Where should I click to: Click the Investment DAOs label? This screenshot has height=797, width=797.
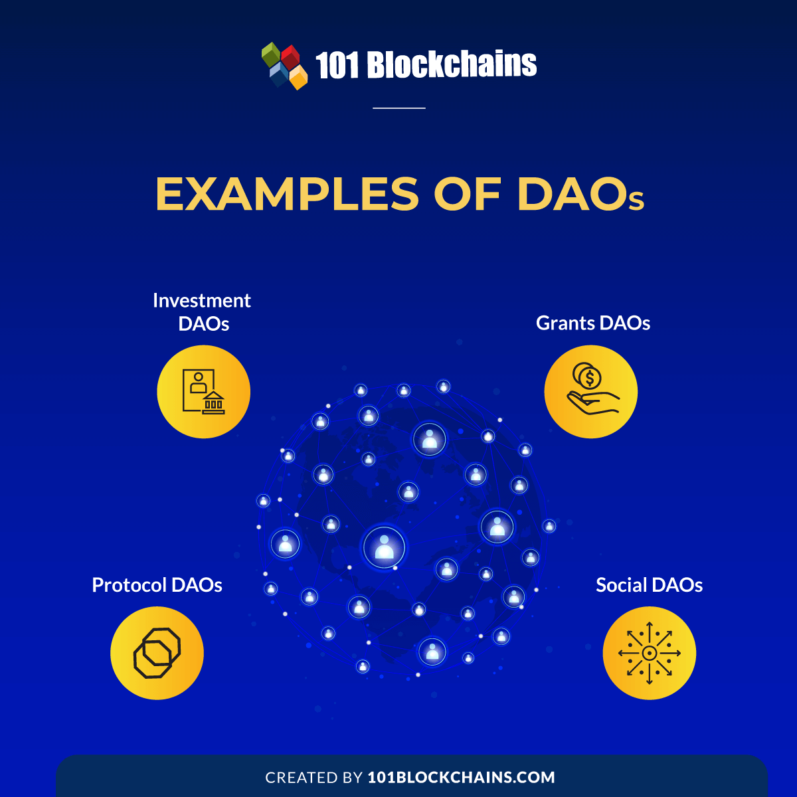pos(202,312)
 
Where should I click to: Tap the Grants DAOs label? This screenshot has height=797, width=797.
pos(592,323)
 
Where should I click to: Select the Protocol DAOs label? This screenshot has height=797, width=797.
pos(157,585)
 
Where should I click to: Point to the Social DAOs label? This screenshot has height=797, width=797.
pos(649,585)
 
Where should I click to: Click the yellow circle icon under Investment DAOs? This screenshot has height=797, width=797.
pos(203,392)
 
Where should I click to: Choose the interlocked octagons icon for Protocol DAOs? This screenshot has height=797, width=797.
pos(157,653)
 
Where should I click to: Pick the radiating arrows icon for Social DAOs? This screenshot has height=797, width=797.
pos(650,653)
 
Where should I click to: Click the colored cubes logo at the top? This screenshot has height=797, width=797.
pos(284,66)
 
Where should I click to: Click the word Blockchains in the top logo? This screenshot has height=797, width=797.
pos(452,64)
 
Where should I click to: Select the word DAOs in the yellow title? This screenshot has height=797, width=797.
pos(580,194)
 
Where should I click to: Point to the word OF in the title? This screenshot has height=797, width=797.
pos(468,194)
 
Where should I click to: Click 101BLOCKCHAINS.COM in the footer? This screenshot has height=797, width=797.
pos(461,777)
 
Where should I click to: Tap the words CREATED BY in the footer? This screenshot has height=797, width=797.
pos(314,777)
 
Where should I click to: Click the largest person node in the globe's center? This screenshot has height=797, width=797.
pos(385,547)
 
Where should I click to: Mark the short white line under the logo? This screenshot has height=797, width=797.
pos(399,108)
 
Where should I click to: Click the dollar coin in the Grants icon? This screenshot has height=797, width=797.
pos(590,378)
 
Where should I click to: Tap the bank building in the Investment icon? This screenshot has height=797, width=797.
pos(213,403)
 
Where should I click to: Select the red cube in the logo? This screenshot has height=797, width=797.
pos(291,57)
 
